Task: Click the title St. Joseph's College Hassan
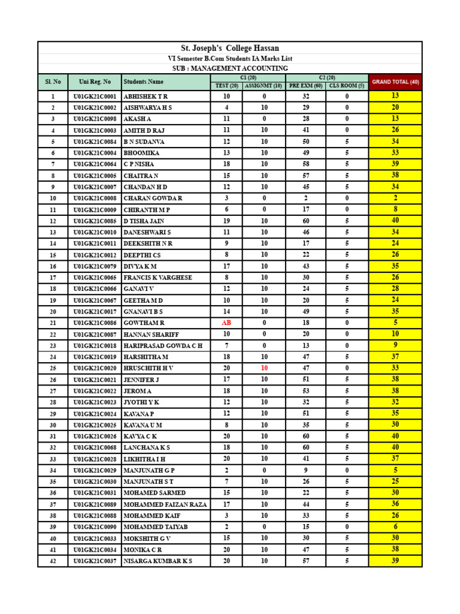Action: tap(230, 48)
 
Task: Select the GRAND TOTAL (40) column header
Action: tap(395, 82)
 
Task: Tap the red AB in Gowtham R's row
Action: tap(226, 323)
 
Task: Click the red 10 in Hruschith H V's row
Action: tap(264, 368)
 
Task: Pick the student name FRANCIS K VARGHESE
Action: tap(158, 278)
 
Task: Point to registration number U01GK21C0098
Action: tap(95, 119)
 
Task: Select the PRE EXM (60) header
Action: tap(305, 86)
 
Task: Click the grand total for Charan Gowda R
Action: tap(395, 198)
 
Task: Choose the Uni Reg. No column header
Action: tap(95, 82)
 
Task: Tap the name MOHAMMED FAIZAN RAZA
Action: tap(165, 504)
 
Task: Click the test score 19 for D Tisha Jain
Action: tap(226, 221)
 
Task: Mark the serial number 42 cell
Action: tap(53, 561)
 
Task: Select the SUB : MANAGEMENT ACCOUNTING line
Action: tap(230, 68)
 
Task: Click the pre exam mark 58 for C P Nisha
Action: tap(305, 164)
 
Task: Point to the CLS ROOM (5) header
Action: tap(347, 86)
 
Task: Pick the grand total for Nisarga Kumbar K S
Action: tap(395, 561)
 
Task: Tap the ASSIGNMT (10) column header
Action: tap(264, 86)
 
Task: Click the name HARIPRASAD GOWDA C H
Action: tap(163, 346)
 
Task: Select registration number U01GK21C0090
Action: tap(95, 527)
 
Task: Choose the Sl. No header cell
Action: tap(53, 82)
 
